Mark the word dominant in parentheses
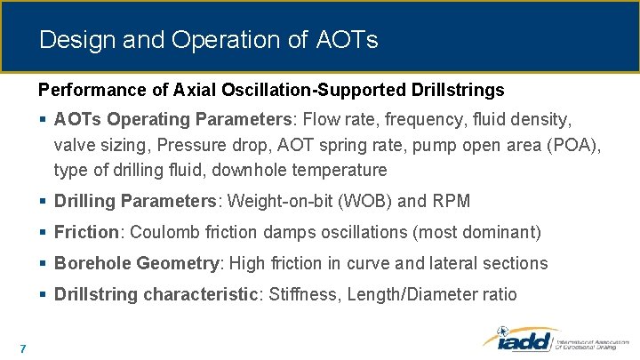502,233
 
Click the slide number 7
21,347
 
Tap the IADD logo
520,340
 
